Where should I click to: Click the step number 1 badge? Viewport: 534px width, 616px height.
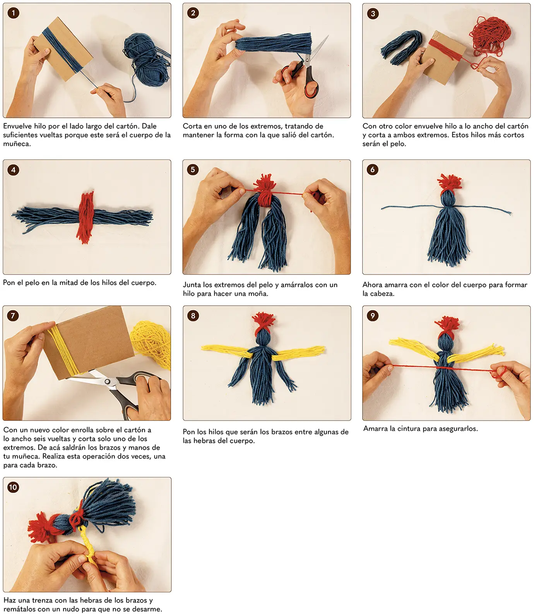pos(13,13)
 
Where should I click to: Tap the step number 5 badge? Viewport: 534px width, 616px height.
pos(193,170)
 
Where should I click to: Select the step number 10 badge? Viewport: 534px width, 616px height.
pos(13,487)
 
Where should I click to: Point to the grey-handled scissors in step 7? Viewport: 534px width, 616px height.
pos(116,391)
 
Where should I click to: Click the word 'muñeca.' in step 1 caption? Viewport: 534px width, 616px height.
pos(17,144)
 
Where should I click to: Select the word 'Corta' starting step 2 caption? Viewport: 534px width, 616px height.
pos(192,126)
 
